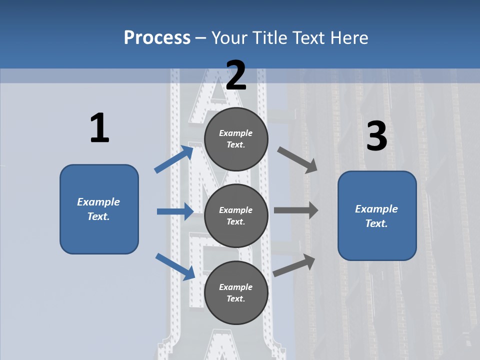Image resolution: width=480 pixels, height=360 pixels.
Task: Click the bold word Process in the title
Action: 157,37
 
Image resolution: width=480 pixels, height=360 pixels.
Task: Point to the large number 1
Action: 99,128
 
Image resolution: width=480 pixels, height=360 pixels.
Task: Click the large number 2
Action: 236,75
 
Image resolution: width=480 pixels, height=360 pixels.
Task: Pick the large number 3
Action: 376,136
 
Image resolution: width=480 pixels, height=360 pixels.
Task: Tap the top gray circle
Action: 236,139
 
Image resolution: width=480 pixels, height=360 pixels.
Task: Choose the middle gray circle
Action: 236,215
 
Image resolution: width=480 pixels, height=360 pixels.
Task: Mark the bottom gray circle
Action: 236,292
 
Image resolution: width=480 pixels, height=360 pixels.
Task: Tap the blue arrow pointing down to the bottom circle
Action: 175,266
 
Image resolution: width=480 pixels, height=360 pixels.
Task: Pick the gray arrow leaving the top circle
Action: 297,160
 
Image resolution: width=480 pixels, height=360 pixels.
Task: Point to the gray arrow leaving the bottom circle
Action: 294,265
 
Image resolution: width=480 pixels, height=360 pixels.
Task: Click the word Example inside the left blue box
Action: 98,202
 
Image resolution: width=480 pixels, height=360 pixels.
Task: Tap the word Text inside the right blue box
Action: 376,223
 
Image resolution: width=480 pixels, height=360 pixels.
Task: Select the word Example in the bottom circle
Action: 236,287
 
